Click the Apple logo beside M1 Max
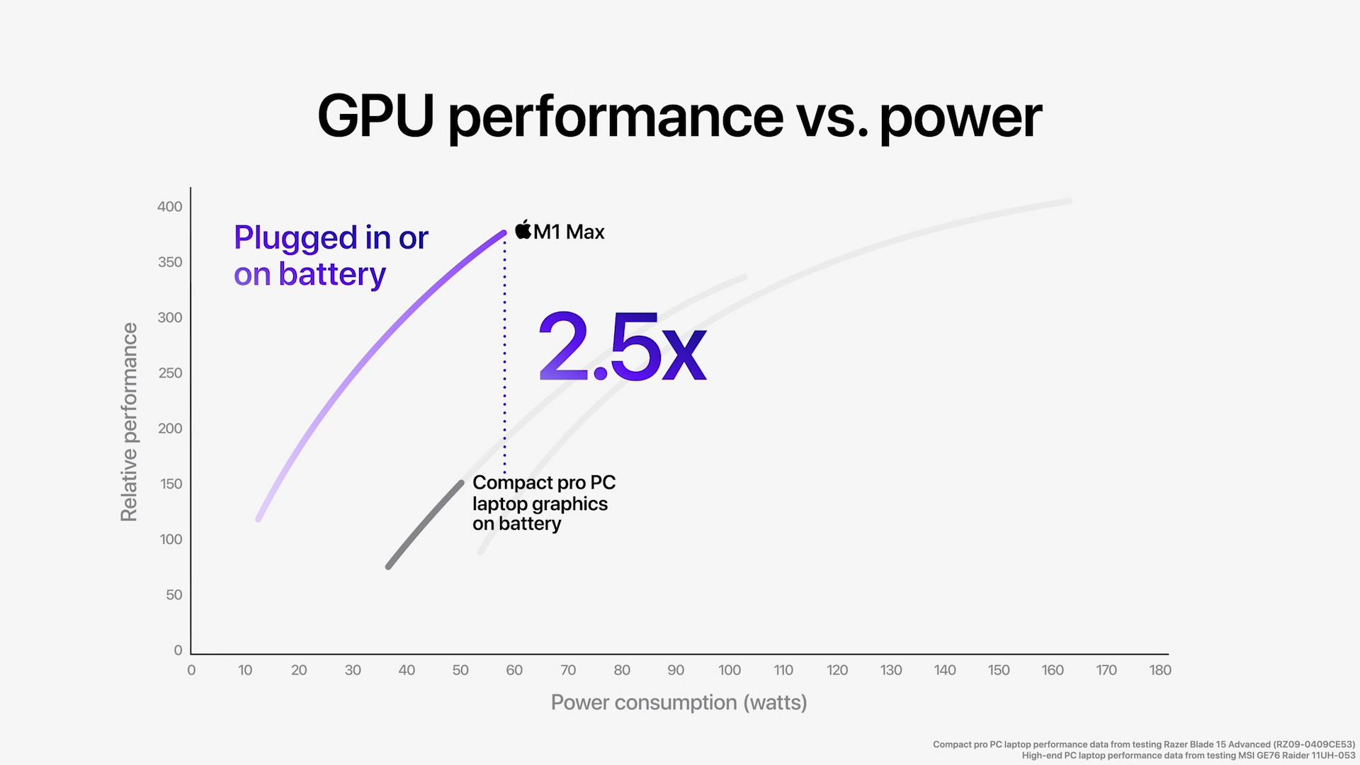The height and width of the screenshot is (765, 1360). pyautogui.click(x=523, y=230)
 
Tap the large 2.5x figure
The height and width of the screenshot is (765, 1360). pyautogui.click(x=622, y=347)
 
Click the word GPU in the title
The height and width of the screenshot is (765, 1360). pyautogui.click(x=375, y=116)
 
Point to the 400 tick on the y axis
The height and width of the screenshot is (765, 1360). pyautogui.click(x=169, y=207)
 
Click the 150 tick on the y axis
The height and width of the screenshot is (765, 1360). pyautogui.click(x=171, y=484)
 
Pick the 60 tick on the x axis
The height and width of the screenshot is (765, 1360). pyautogui.click(x=514, y=670)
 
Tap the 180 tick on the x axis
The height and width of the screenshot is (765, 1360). pyautogui.click(x=1160, y=670)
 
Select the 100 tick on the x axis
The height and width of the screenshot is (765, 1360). pyautogui.click(x=729, y=670)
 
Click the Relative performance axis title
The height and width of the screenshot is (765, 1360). pyautogui.click(x=129, y=422)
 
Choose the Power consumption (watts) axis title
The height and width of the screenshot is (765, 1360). pyautogui.click(x=679, y=703)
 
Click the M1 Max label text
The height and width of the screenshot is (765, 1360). pyautogui.click(x=569, y=232)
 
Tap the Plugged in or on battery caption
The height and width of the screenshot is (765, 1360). pyautogui.click(x=330, y=256)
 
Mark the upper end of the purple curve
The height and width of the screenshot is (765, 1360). pyautogui.click(x=502, y=234)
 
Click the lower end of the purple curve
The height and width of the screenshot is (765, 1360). pyautogui.click(x=259, y=518)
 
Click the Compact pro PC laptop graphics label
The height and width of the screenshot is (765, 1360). pyautogui.click(x=543, y=503)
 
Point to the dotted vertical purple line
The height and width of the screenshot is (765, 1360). pyautogui.click(x=504, y=354)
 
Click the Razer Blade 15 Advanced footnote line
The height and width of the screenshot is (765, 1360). pyautogui.click(x=1143, y=744)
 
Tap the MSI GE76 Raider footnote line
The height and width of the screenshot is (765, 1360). pyautogui.click(x=1188, y=756)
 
